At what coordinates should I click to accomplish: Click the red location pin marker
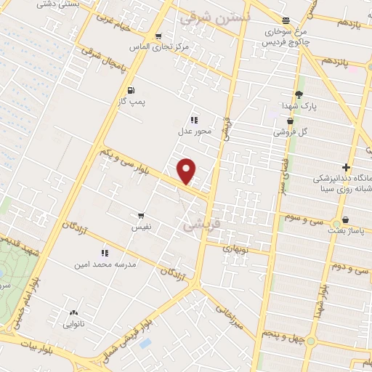pos(187,171)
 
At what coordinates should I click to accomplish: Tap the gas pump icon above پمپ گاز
pos(130,90)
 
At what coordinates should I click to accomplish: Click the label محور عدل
pos(194,132)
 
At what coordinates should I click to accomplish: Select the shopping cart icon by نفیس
pos(140,215)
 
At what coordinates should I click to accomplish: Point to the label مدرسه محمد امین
pos(105,265)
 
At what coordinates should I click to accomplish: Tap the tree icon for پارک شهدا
pos(298,94)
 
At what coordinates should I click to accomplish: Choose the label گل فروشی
pos(290,133)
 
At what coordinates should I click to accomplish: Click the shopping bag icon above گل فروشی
pos(290,121)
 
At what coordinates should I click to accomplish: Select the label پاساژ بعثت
pos(347,230)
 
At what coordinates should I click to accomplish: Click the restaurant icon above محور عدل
pos(194,120)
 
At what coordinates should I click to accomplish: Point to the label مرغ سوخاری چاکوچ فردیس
pos(286,36)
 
